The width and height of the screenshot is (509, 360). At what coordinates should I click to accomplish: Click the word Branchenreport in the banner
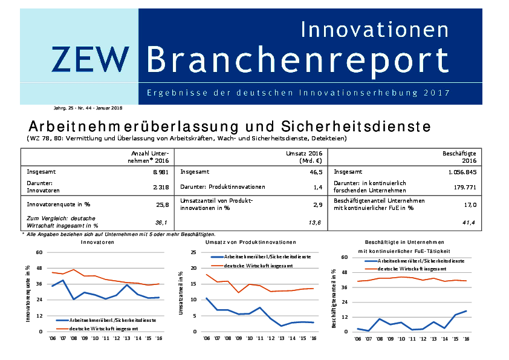tap(298, 59)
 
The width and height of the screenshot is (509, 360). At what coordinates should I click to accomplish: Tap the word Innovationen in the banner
tap(375, 28)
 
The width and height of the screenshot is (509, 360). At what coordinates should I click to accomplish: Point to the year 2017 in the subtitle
tap(436, 93)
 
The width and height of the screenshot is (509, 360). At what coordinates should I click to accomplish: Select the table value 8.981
tap(160, 172)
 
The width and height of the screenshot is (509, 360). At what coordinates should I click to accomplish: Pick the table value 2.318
tap(160, 187)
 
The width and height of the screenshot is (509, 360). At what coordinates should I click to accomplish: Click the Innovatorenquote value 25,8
tap(162, 205)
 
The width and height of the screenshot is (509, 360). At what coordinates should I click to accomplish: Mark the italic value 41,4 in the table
tap(470, 223)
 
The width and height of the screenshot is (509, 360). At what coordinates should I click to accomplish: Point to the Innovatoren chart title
tap(97, 241)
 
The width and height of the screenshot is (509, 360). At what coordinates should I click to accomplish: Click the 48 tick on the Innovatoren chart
tap(39, 268)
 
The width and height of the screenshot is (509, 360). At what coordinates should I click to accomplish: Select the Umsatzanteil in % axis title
tap(181, 292)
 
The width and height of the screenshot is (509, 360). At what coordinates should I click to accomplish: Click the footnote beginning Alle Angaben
tap(121, 234)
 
